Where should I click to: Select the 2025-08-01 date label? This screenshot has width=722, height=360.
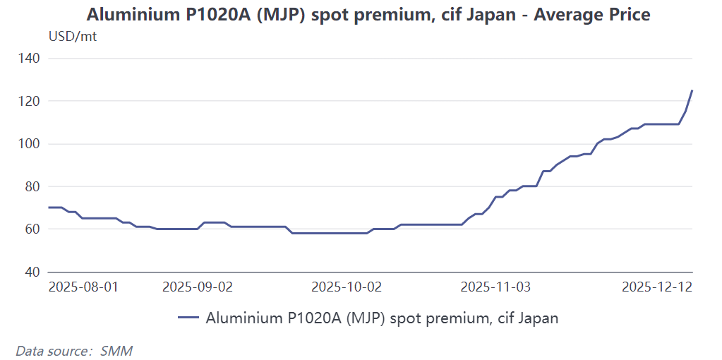(x=83, y=287)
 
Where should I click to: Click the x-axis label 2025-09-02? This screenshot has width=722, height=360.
(x=198, y=287)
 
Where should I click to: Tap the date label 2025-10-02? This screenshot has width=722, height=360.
(x=347, y=287)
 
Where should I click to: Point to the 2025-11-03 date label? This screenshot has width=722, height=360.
(x=495, y=287)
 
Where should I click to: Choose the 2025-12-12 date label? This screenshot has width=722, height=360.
(x=657, y=287)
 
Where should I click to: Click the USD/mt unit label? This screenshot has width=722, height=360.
(x=72, y=37)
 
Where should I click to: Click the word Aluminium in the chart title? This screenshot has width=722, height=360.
(x=128, y=14)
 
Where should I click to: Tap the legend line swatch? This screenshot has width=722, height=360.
(x=188, y=318)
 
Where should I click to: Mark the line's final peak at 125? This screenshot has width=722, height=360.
(x=692, y=90)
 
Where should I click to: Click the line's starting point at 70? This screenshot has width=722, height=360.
(x=49, y=208)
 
